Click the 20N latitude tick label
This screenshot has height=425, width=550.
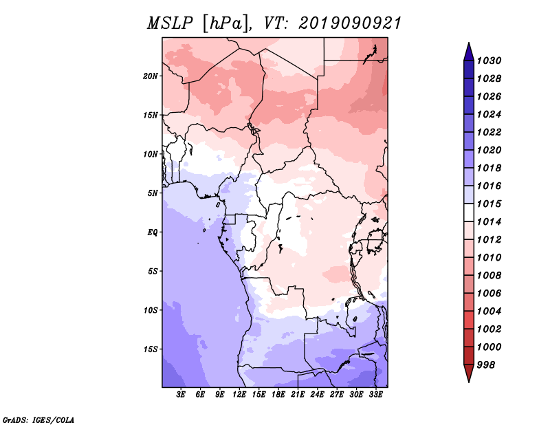point(151,76)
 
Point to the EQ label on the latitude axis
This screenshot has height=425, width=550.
point(153,232)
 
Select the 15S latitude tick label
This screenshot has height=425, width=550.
point(151,349)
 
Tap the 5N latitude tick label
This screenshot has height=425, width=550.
point(153,193)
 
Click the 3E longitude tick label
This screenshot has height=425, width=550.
point(181,395)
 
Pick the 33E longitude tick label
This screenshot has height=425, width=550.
point(375,395)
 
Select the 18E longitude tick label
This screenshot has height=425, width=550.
point(278,395)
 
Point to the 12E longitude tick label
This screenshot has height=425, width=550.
point(239,395)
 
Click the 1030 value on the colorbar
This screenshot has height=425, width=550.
point(489,61)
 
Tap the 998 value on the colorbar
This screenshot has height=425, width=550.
point(486,365)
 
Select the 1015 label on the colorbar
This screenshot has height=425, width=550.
point(489,204)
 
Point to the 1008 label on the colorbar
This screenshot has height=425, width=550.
point(489,276)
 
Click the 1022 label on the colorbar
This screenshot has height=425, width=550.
point(489,132)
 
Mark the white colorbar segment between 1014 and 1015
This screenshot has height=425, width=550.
point(469,212)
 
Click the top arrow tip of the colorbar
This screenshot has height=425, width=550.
point(469,43)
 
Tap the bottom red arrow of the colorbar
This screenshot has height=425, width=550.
point(469,373)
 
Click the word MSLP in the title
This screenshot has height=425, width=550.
point(170,23)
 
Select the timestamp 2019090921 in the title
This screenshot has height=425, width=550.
point(350,23)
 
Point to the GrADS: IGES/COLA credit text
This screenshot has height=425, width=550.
point(38,420)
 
